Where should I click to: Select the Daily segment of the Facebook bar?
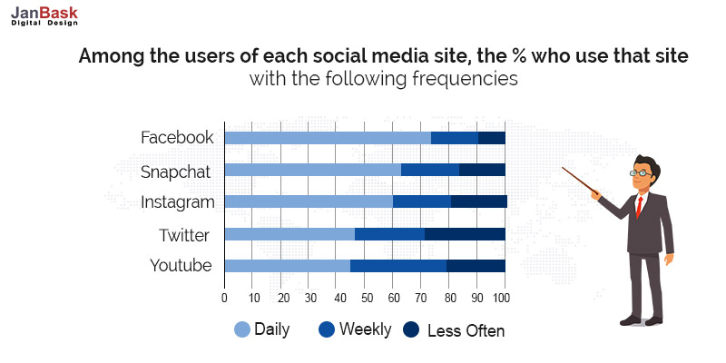coord(327,138)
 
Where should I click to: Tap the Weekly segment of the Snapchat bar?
coord(430,170)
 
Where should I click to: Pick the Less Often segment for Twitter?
coord(465,234)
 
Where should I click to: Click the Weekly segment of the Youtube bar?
coord(398,266)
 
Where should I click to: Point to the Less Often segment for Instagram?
coord(478,201)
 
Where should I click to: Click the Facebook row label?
coord(177,138)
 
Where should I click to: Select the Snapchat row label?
coord(175,171)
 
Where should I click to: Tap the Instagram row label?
coord(177,202)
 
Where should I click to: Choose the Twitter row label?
coord(184,235)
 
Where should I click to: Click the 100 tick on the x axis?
coord(502,297)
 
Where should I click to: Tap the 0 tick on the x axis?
coord(224,297)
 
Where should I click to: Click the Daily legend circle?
coord(241,329)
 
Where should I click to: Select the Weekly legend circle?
coord(327,329)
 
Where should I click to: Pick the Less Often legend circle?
coord(411,329)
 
